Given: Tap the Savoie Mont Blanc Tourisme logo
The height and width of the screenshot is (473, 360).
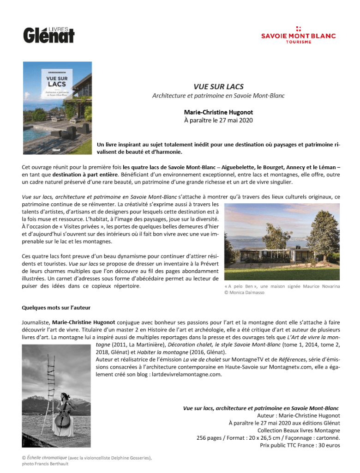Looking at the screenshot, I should click(x=298, y=35).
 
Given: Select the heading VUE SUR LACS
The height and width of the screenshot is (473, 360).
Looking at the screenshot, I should click(x=218, y=86).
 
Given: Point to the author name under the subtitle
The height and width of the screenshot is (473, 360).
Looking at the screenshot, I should click(x=218, y=112).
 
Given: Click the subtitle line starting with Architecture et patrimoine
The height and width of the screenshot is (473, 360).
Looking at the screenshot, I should click(x=218, y=96).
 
